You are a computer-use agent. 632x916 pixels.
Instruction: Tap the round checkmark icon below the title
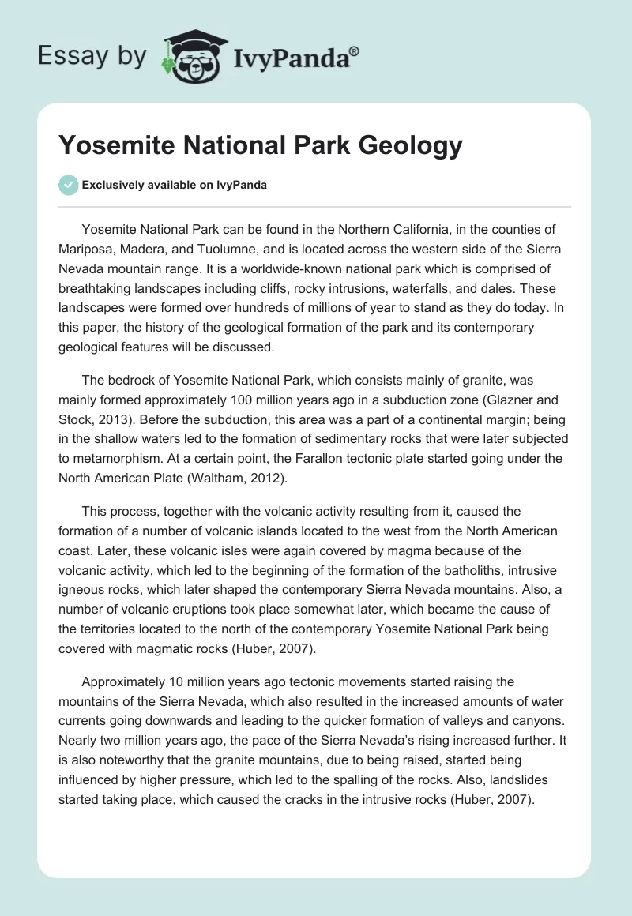pyautogui.click(x=68, y=185)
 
